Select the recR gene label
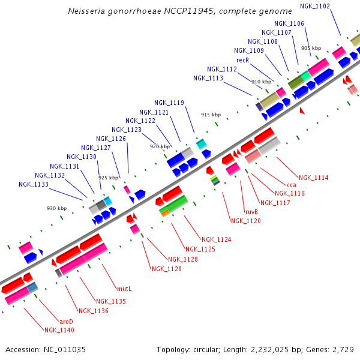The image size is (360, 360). pyautogui.click(x=242, y=60)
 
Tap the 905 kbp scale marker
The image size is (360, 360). pyautogui.click(x=311, y=48)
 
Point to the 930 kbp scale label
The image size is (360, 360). pyautogui.click(x=57, y=208)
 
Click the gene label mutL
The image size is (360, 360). pyautogui.click(x=124, y=289)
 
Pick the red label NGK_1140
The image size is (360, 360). pyautogui.click(x=59, y=330)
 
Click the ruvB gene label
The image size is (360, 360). pyautogui.click(x=251, y=212)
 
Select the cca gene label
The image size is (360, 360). pyautogui.click(x=292, y=185)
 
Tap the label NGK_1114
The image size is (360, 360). pyautogui.click(x=313, y=178)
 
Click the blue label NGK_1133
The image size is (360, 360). pyautogui.click(x=34, y=184)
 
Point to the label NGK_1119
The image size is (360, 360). pyautogui.click(x=169, y=103)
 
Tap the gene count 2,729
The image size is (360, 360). pyautogui.click(x=342, y=349)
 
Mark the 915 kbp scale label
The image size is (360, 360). pyautogui.click(x=211, y=114)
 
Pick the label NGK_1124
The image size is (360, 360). pyautogui.click(x=216, y=239)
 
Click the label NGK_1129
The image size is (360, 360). pyautogui.click(x=166, y=269)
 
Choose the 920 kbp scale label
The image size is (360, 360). pyautogui.click(x=160, y=146)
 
